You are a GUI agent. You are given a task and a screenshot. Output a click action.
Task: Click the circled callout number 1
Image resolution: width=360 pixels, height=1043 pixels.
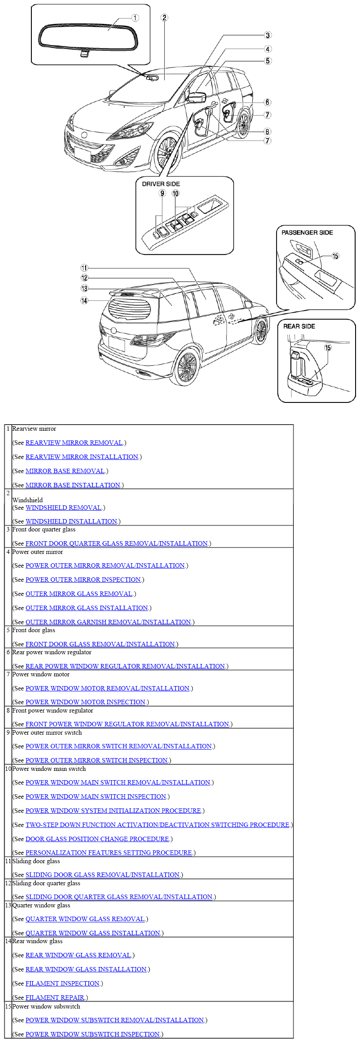click(135, 18)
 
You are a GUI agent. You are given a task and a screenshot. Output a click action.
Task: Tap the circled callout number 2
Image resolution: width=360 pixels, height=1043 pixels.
click(164, 18)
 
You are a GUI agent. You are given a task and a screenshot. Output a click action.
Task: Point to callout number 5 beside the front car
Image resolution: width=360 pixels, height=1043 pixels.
click(268, 61)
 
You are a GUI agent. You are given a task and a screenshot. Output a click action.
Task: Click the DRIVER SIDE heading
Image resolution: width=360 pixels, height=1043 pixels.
click(161, 184)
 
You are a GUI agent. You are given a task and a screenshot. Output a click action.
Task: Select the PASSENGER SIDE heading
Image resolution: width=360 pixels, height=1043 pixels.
click(307, 232)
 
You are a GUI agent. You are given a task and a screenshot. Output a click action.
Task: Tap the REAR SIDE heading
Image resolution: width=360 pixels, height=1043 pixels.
click(299, 326)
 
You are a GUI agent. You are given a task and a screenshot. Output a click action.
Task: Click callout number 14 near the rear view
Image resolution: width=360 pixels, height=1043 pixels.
click(84, 301)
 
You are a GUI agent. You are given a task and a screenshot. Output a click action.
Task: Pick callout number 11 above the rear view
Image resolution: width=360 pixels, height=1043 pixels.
click(84, 268)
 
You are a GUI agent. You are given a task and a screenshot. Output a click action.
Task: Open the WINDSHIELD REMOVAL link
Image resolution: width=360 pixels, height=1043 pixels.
click(64, 508)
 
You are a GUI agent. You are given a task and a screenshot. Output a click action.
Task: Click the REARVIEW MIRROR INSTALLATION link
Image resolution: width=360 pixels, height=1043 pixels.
click(82, 457)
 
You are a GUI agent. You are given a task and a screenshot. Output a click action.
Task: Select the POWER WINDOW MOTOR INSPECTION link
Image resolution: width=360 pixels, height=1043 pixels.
click(85, 702)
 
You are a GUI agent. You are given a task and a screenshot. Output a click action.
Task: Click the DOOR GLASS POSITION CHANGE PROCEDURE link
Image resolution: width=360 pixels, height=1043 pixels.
click(97, 839)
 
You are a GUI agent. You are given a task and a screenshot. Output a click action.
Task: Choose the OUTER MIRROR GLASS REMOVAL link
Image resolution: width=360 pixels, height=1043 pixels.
click(79, 594)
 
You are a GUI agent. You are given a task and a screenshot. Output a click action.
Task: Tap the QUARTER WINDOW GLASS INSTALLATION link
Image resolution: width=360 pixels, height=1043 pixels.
click(93, 933)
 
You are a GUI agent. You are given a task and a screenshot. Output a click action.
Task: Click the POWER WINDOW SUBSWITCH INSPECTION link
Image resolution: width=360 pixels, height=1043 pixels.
click(92, 1034)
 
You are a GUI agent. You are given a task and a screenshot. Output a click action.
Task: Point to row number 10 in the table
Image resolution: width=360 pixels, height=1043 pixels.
click(8, 769)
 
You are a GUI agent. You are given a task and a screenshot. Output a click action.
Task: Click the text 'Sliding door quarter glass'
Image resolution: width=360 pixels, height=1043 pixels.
click(46, 883)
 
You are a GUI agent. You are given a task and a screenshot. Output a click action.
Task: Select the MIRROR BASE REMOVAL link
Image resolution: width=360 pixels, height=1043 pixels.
click(65, 471)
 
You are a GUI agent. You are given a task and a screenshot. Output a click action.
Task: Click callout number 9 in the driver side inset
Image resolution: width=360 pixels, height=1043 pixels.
click(163, 193)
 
